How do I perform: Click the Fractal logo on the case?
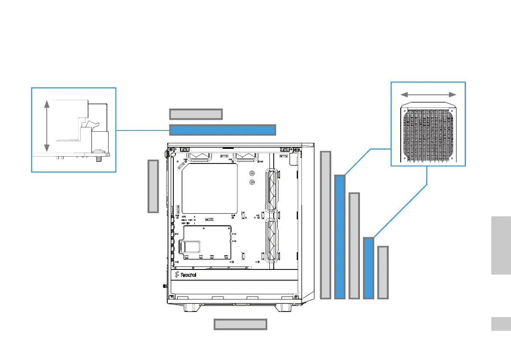tap(186, 275)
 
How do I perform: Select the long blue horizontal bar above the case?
tap(222, 130)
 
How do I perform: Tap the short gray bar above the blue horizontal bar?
tap(196, 114)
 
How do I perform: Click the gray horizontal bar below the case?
tap(240, 324)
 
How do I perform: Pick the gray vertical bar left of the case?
tap(153, 186)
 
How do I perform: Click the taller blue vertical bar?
tap(340, 236)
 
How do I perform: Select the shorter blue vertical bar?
tap(368, 268)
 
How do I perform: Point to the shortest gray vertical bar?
tap(383, 272)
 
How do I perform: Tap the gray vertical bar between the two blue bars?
tap(354, 245)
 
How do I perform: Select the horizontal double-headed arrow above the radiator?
tap(428, 94)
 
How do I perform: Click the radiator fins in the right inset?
tap(428, 134)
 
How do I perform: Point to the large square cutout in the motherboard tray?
tap(210, 189)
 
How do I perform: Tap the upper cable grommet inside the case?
tap(272, 190)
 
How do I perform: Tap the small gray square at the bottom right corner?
tap(501, 324)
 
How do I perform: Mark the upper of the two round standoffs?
tap(252, 174)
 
